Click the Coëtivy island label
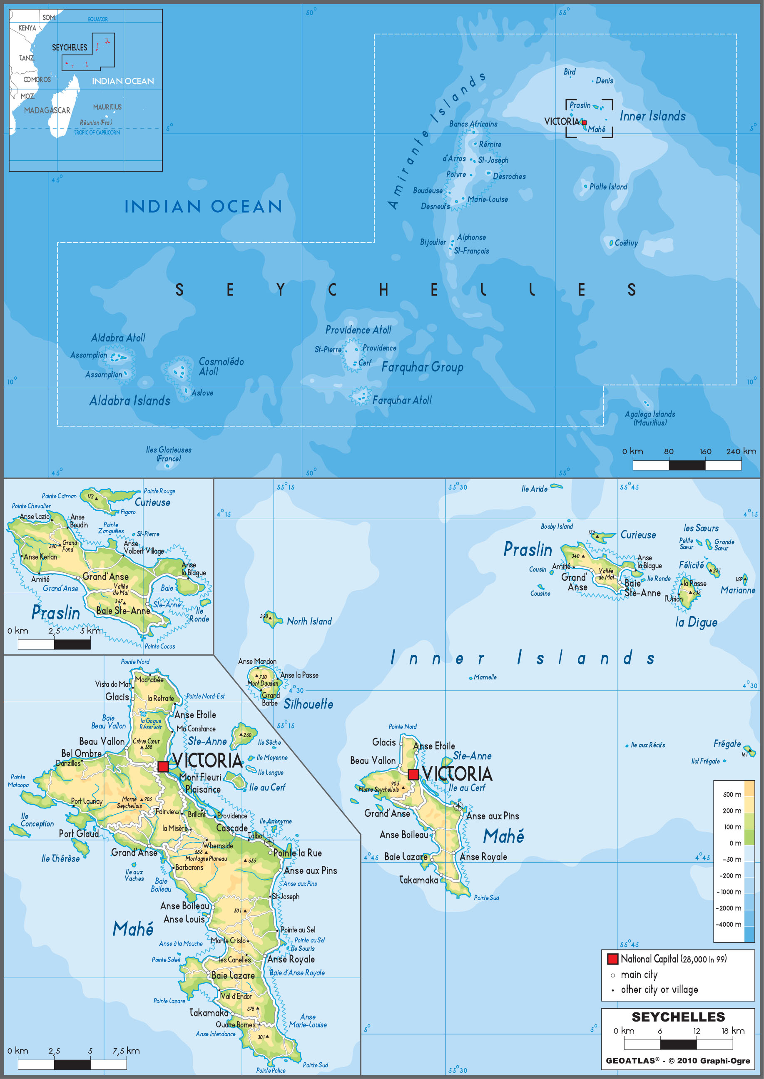[x=626, y=243]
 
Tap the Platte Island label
[x=608, y=187]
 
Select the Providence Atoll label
[x=358, y=330]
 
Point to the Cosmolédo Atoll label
[x=221, y=366]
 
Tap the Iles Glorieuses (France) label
[x=169, y=454]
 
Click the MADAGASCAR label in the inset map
[x=47, y=111]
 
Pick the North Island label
[x=309, y=622]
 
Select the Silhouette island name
[x=308, y=704]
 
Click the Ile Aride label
[x=534, y=489]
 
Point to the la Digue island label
[x=696, y=622]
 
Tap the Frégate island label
[x=727, y=743]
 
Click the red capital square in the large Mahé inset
[x=163, y=766]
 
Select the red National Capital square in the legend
[x=612, y=959]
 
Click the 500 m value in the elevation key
[x=732, y=794]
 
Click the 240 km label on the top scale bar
[x=741, y=451]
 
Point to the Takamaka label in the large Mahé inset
[x=209, y=1012]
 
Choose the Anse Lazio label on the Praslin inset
[x=34, y=517]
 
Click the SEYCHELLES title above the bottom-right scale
[x=678, y=1017]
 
